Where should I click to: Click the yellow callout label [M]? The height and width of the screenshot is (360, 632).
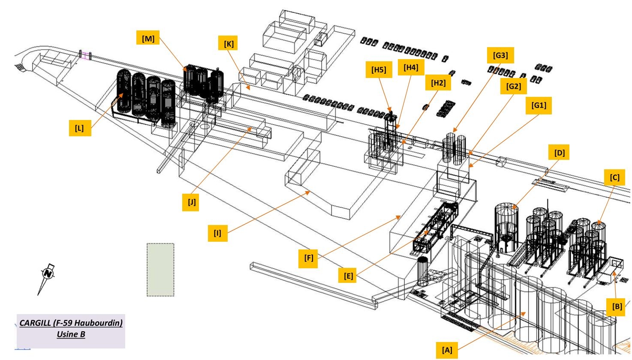coord(148,39)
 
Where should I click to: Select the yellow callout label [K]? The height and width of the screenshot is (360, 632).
coord(229,44)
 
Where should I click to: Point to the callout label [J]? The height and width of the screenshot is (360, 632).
coord(192,202)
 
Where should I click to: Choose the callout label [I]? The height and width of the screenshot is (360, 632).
coord(218,233)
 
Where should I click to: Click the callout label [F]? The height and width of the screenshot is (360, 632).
coord(309,258)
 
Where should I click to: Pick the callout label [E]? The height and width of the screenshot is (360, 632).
coord(348,276)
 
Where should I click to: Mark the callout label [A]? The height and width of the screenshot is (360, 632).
coord(447,350)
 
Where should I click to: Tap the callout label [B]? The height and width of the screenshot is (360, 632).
coord(617,307)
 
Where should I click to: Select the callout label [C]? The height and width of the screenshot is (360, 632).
coord(614,177)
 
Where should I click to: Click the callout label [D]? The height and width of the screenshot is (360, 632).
coord(559,153)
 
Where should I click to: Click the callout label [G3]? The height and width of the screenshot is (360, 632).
coord(500,55)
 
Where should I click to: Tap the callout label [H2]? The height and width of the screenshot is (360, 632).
coord(438,83)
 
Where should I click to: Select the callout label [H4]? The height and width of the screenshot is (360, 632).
coord(410,67)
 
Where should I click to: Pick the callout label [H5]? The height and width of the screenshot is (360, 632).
coord(378,70)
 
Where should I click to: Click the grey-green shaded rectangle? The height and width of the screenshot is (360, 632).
coord(160,270)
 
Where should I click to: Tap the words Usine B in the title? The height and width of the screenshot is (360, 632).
coord(71,334)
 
